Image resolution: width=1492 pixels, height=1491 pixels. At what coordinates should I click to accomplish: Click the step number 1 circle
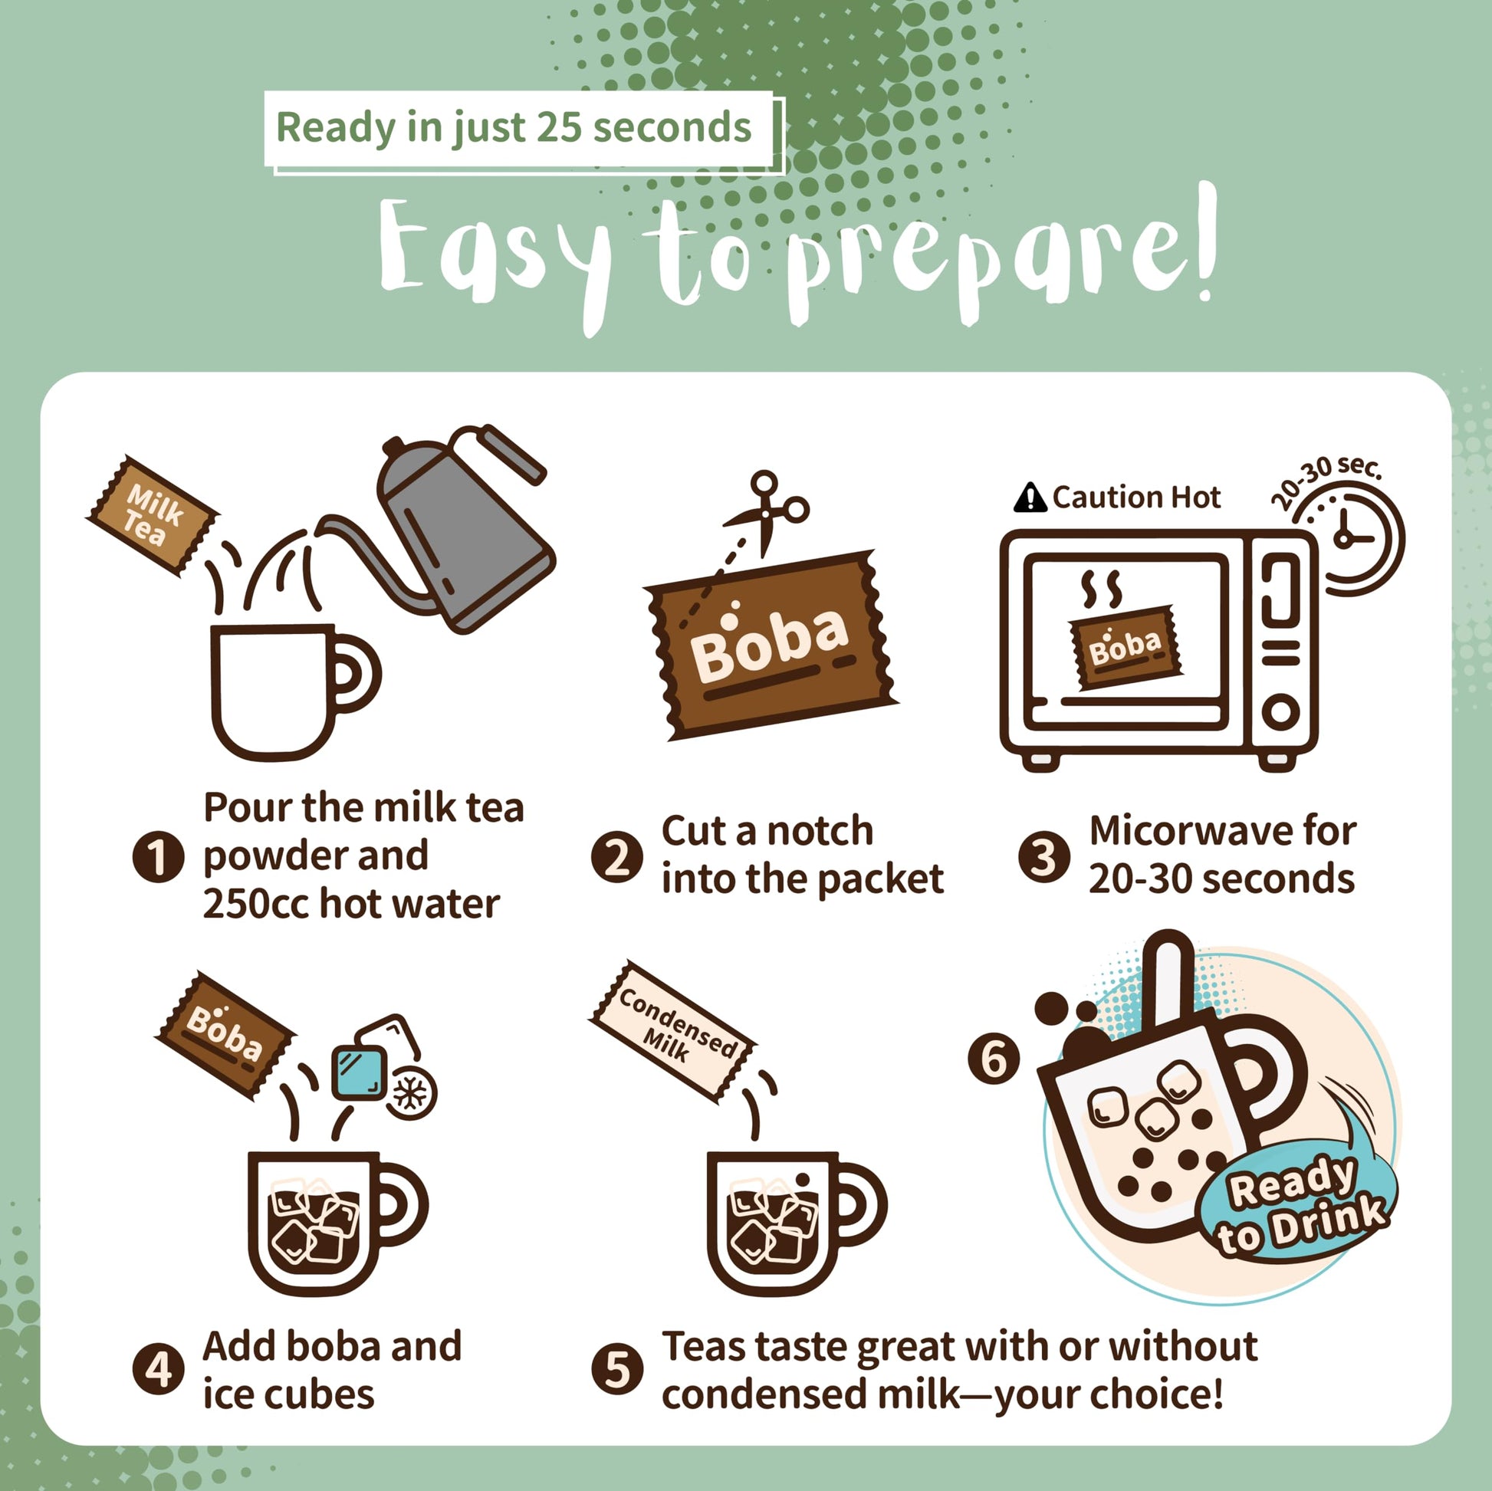(157, 856)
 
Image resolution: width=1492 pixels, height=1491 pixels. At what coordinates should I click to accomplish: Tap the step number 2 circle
(616, 856)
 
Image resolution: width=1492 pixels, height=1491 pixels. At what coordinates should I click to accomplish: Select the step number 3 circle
(1043, 856)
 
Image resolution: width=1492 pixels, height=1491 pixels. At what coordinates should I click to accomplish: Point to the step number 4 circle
(157, 1371)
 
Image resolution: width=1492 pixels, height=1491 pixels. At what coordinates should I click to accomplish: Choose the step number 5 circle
(616, 1371)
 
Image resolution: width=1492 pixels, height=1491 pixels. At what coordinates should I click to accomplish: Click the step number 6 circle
(993, 1058)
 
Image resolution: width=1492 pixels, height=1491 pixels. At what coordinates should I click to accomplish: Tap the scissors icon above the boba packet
(766, 510)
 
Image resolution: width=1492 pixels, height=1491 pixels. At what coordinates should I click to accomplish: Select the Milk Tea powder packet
(153, 515)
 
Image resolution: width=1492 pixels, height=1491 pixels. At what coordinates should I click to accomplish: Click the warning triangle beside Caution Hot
(1030, 498)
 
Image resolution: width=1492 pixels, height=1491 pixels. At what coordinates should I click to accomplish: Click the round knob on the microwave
(1280, 711)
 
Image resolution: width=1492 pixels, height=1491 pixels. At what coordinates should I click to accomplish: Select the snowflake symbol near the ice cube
(410, 1092)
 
